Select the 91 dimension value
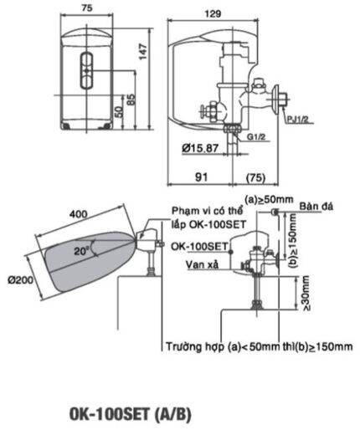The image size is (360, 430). [203, 177]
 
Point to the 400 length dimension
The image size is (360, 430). [78, 215]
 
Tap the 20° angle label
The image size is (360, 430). [82, 250]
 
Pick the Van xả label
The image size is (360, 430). [203, 264]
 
